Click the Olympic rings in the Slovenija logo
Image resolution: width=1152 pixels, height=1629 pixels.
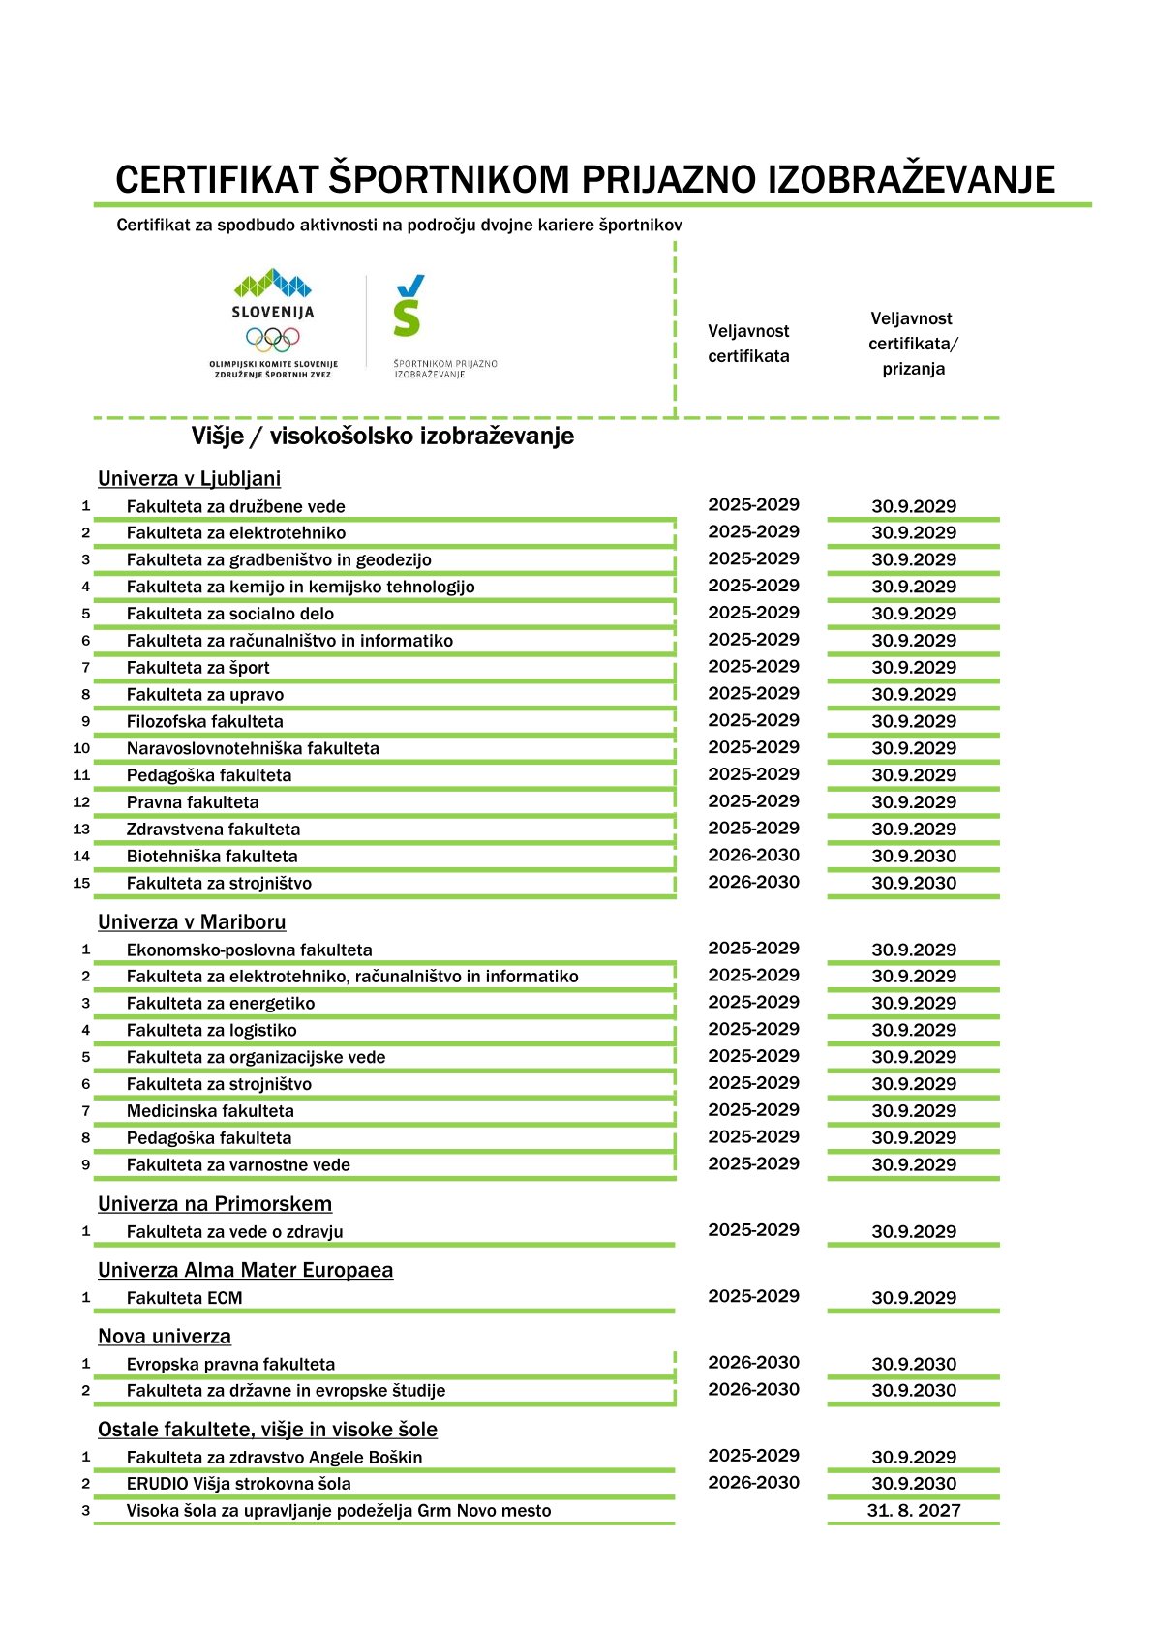(x=272, y=339)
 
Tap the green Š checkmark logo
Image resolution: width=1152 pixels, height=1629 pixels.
(x=409, y=306)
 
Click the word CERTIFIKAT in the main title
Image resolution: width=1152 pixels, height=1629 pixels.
(x=218, y=180)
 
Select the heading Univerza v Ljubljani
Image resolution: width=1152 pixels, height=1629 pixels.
(x=189, y=478)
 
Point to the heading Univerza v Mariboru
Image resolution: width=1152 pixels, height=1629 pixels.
(x=192, y=921)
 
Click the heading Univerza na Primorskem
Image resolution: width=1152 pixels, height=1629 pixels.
(x=214, y=1203)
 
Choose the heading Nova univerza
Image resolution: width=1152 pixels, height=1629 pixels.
(x=164, y=1336)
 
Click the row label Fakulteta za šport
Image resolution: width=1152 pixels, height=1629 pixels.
(x=197, y=667)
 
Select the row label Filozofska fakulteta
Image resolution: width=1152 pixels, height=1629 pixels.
(x=204, y=721)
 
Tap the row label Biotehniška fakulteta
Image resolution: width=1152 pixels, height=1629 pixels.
(x=211, y=856)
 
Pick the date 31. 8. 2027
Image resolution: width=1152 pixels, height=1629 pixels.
(x=913, y=1510)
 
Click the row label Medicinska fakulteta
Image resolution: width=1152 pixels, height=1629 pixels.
(x=209, y=1111)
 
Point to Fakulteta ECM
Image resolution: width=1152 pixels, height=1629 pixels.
(x=184, y=1298)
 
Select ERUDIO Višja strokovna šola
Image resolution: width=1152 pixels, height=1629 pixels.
(x=238, y=1484)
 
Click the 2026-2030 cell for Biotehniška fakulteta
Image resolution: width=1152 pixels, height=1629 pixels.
(x=753, y=855)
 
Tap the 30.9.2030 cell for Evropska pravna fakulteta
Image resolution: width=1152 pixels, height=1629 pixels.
(x=913, y=1364)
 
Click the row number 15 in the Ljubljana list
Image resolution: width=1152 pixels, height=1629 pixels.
(x=81, y=883)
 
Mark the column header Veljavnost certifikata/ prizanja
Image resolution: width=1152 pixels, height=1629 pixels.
(x=912, y=344)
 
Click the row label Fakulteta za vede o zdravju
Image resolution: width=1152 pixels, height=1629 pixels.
(x=234, y=1231)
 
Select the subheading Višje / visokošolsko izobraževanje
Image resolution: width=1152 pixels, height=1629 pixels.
(x=382, y=436)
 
